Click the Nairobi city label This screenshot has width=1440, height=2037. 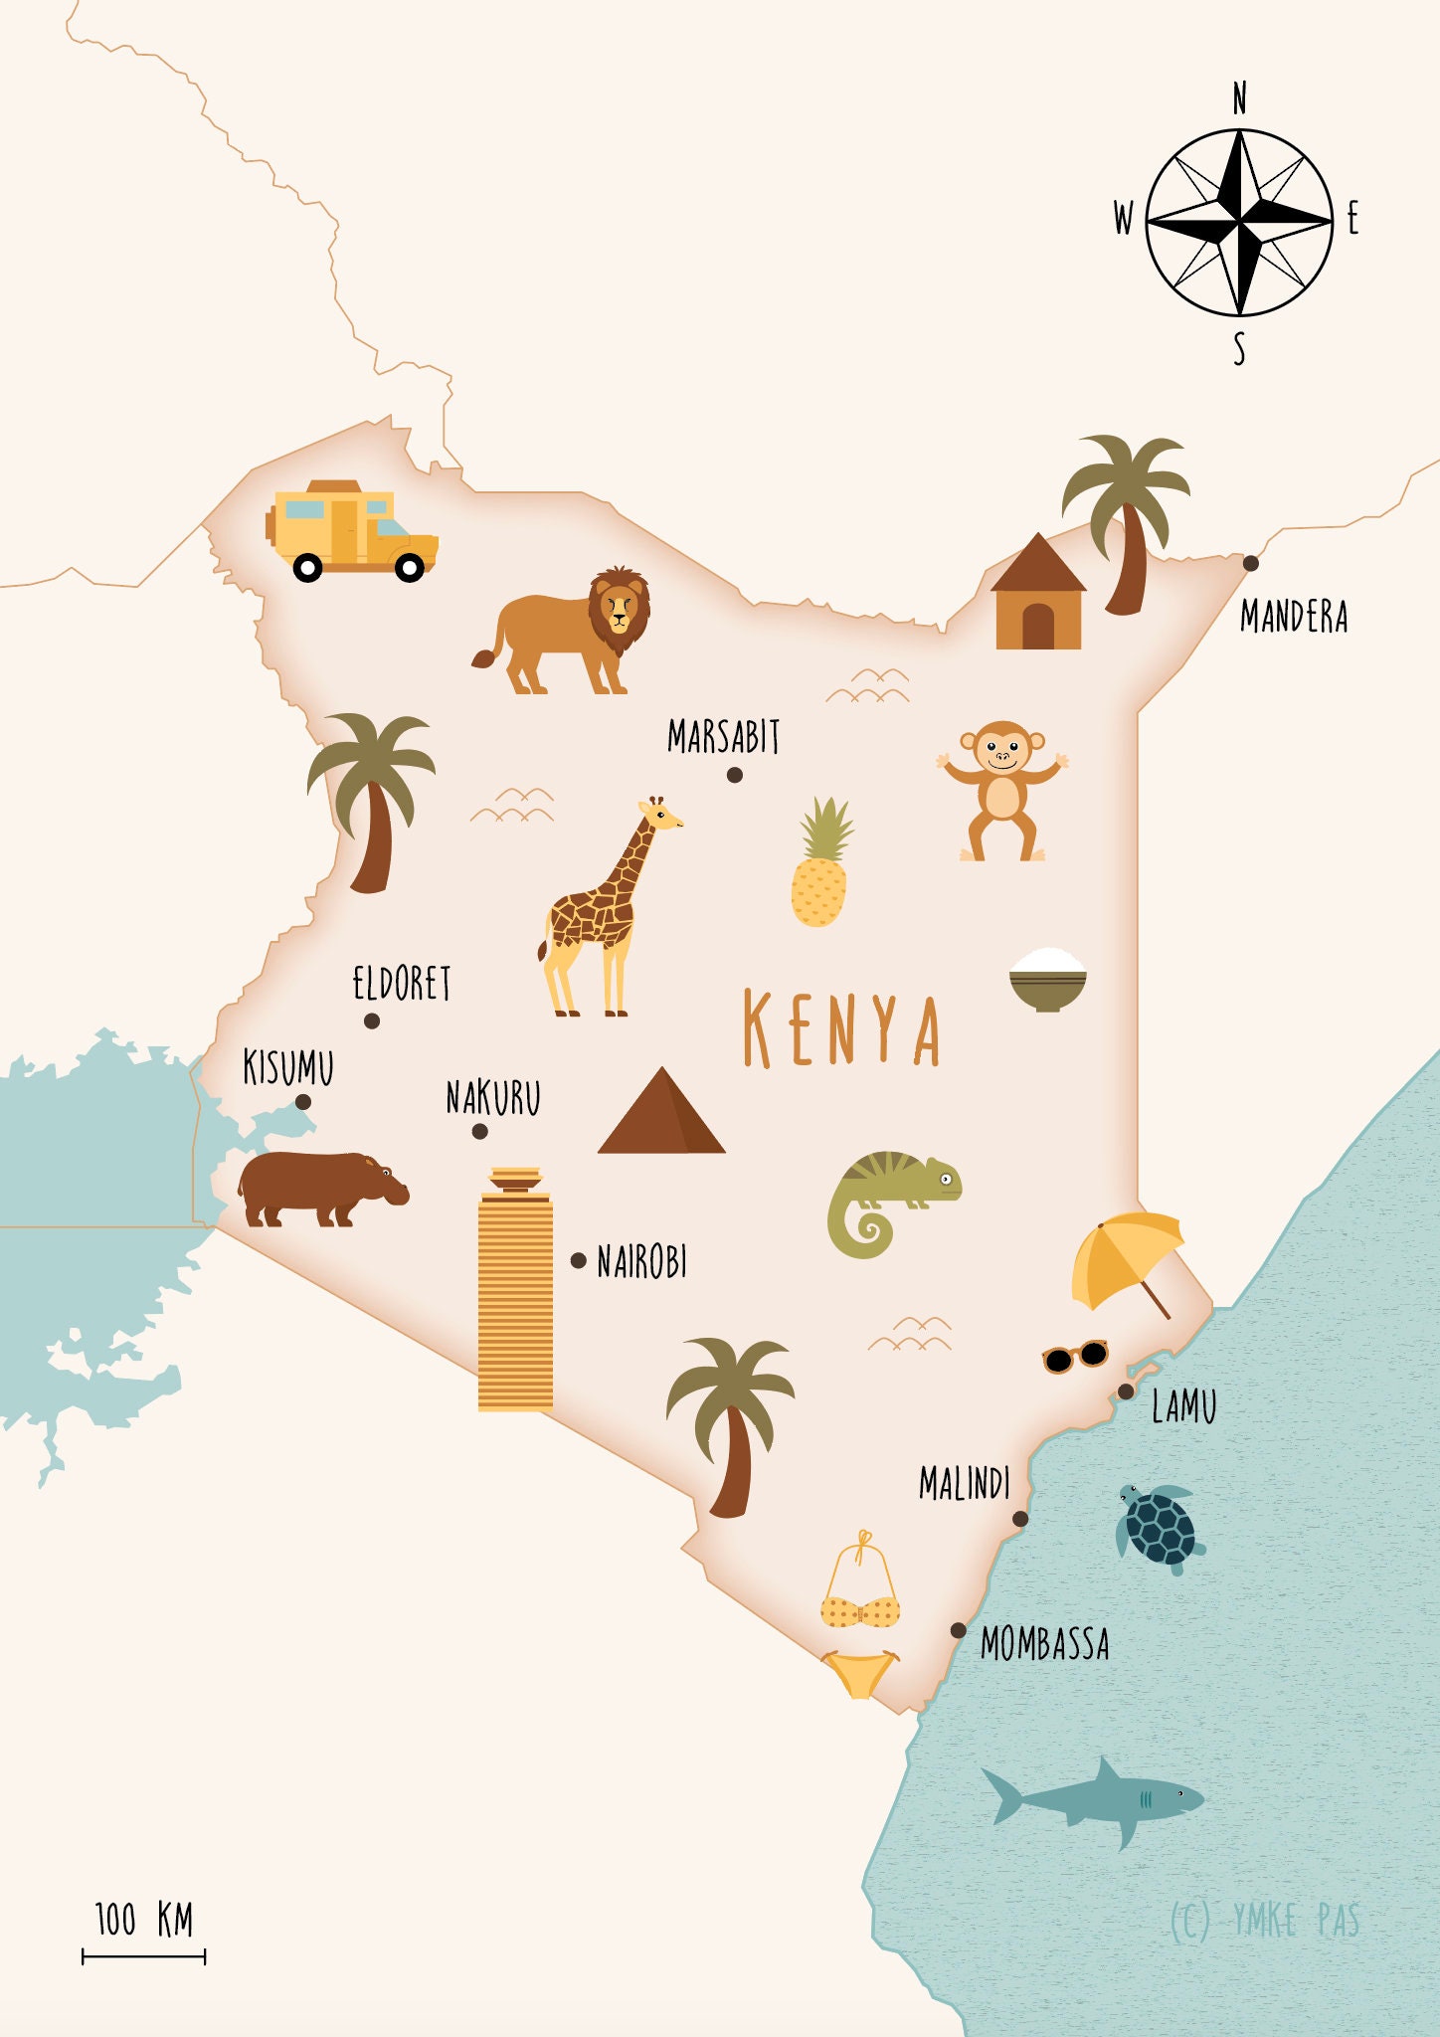641,1262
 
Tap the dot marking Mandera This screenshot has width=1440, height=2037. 1251,563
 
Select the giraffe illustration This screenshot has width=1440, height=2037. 600,910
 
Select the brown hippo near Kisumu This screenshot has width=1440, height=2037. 318,1187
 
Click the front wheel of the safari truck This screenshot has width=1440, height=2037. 410,568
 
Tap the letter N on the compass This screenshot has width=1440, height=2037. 1239,99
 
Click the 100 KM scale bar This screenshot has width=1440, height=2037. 143,1956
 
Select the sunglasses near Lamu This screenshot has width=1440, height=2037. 1075,1356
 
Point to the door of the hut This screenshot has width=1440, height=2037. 1037,627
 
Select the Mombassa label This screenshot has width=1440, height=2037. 1044,1643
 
